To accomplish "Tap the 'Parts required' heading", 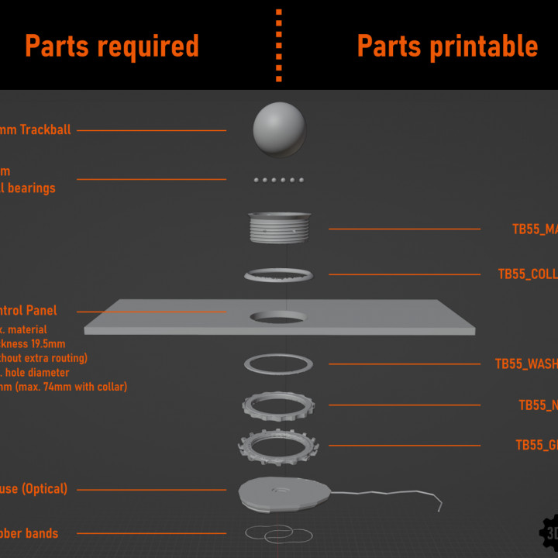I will click(x=112, y=46).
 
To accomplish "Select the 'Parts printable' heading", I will click(x=447, y=46).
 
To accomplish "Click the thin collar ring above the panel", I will click(x=278, y=274).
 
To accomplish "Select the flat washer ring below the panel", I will click(x=278, y=363).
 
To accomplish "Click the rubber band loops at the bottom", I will click(x=269, y=534).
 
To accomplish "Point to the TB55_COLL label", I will click(x=528, y=274).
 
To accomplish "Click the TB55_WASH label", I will click(x=526, y=363).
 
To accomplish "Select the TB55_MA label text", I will click(x=535, y=229).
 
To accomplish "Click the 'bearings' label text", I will click(x=32, y=188).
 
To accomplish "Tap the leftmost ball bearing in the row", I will click(x=257, y=180).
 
